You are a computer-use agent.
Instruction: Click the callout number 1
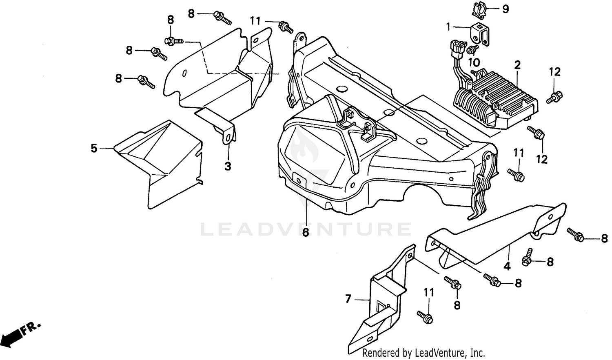[x=448, y=27]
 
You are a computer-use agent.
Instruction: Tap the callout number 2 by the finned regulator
[x=517, y=64]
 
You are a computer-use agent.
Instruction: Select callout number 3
[x=228, y=166]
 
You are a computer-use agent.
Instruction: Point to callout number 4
[x=507, y=267]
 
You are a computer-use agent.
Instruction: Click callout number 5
[x=94, y=148]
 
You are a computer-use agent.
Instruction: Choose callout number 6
[x=306, y=232]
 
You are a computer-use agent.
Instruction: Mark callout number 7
[x=348, y=299]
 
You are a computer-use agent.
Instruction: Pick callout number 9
[x=506, y=9]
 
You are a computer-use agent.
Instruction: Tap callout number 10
[x=474, y=62]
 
